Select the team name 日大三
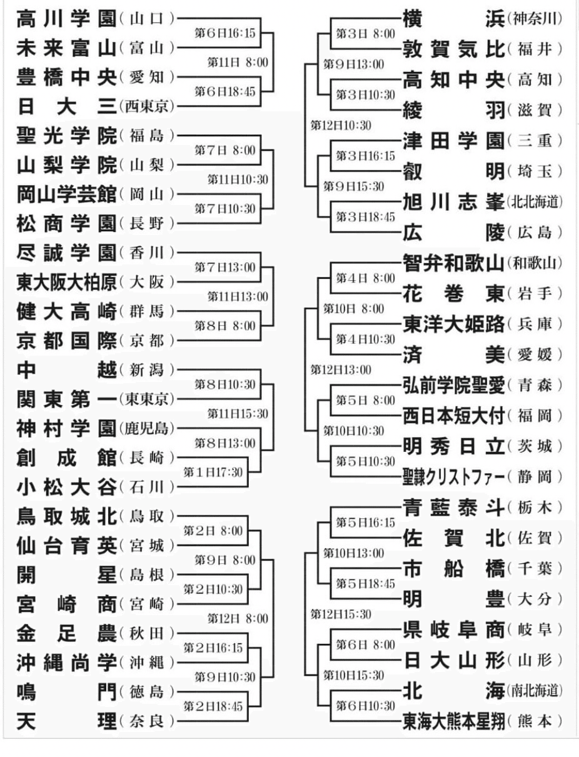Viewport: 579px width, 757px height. coord(66,108)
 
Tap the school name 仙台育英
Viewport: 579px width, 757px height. coord(66,546)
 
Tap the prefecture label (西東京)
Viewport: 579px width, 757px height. coord(146,108)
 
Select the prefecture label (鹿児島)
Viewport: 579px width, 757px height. coord(146,429)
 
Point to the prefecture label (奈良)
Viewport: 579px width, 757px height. coord(146,721)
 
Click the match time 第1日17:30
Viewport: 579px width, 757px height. coord(213,472)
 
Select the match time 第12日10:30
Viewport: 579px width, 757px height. coord(341,125)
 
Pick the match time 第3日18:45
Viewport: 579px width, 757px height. coord(365,216)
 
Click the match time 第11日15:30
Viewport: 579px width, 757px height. coord(238,414)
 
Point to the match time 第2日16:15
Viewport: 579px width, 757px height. coord(213,648)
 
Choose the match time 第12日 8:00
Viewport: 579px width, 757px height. coord(238,619)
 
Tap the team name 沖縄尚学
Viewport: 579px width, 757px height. coord(66,663)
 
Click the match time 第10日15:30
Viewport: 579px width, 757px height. coord(353,675)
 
